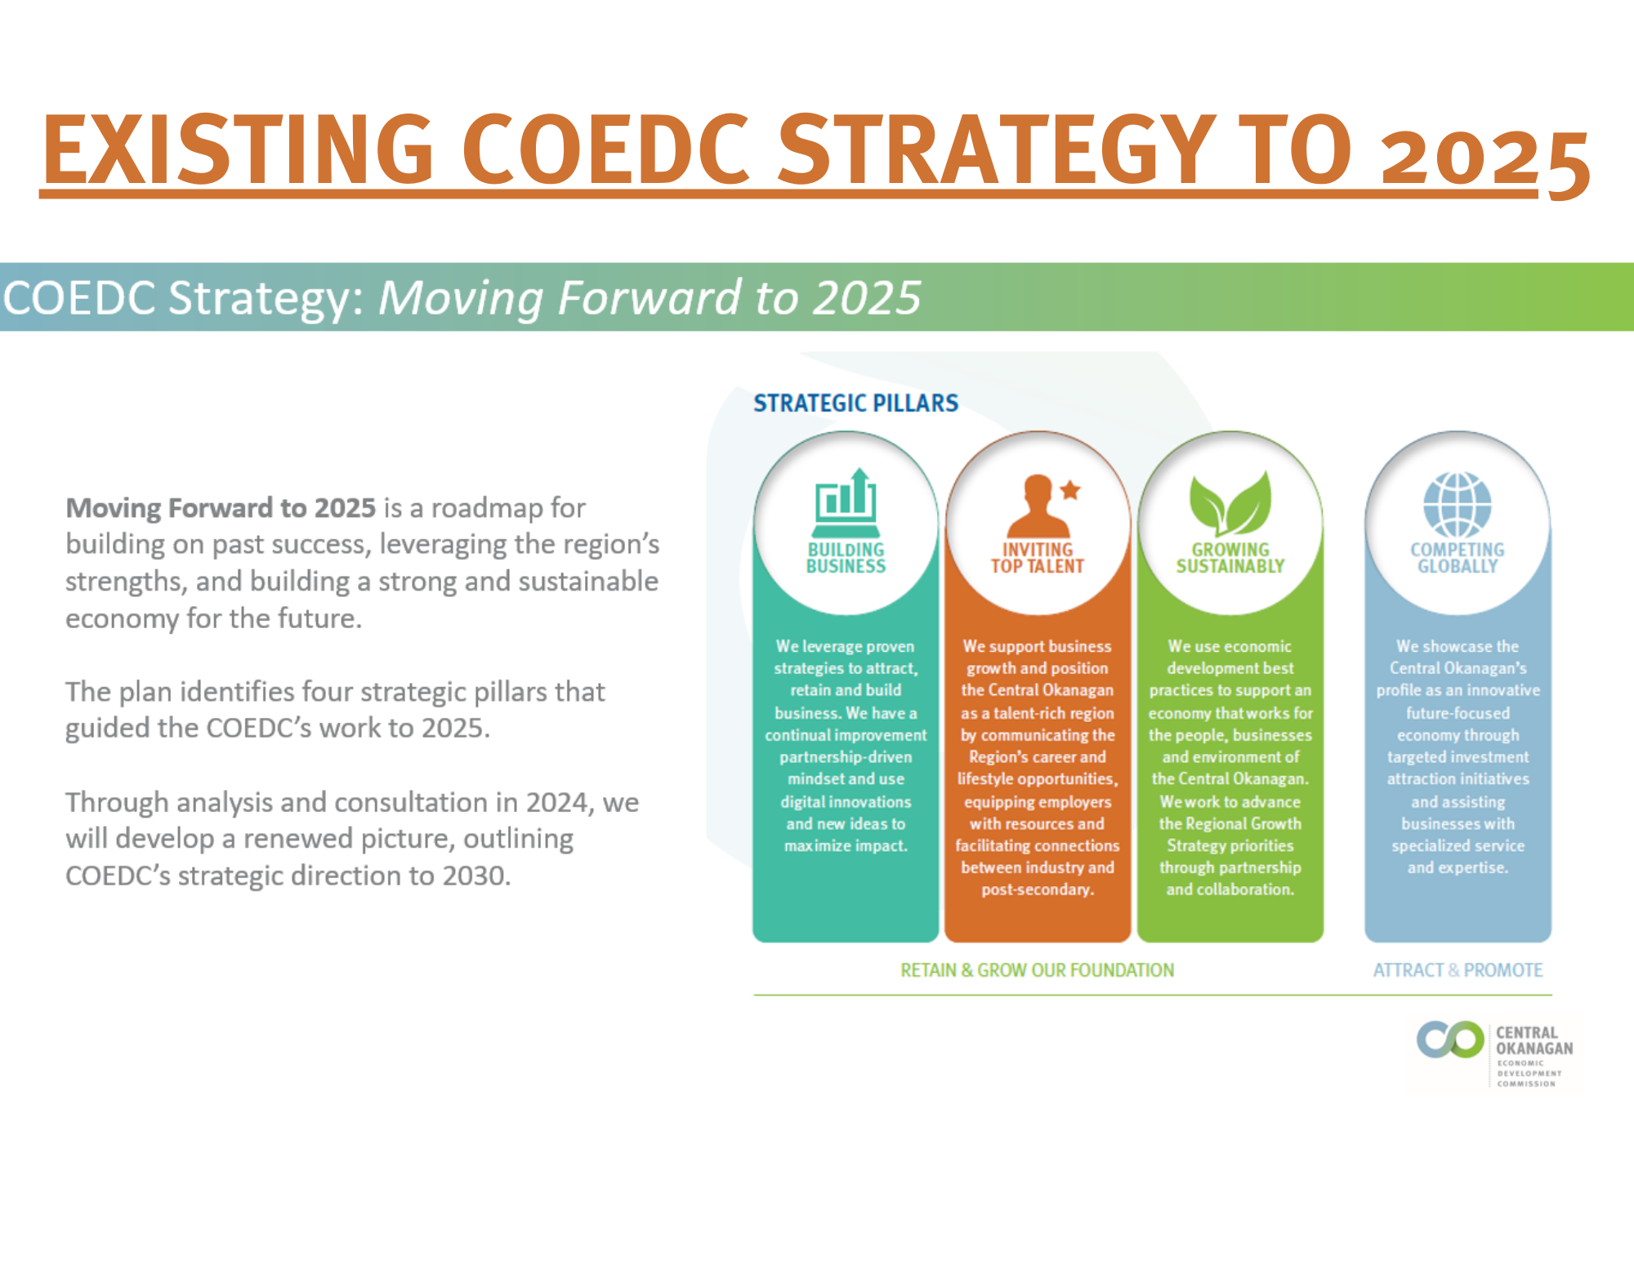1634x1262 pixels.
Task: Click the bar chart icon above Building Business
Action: tap(846, 498)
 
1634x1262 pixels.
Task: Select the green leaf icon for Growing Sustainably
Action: tap(1230, 503)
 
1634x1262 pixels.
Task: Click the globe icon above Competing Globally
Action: tap(1458, 504)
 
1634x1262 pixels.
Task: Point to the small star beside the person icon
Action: tap(1070, 490)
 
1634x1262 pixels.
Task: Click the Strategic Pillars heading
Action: tap(855, 403)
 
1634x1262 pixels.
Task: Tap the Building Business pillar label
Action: tap(846, 558)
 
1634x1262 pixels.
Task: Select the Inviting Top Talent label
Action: tap(1038, 558)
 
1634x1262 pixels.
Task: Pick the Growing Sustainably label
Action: tap(1230, 558)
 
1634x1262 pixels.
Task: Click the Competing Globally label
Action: tap(1458, 558)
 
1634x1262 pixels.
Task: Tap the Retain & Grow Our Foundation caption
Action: tap(1037, 970)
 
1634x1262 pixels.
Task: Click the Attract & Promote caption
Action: tap(1458, 970)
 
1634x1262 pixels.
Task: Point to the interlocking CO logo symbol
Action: tap(1450, 1039)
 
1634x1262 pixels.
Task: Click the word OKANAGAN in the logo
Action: tap(1534, 1048)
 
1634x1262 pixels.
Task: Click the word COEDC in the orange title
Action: tap(605, 149)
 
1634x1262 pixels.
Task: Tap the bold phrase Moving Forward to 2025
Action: tap(221, 508)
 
